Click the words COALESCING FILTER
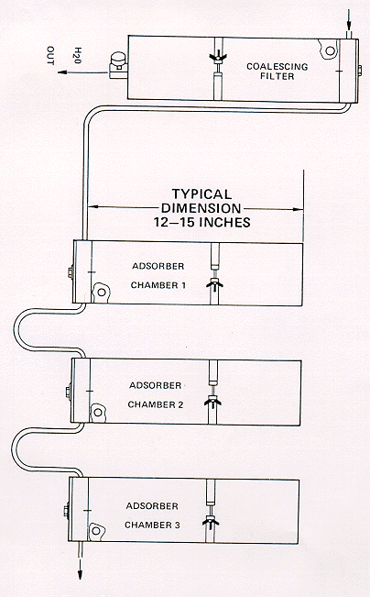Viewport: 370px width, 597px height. (277, 72)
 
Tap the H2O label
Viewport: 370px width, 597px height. (78, 56)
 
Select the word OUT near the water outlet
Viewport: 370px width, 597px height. (50, 56)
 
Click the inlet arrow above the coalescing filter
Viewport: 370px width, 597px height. (349, 22)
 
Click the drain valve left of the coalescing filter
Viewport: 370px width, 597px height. (118, 65)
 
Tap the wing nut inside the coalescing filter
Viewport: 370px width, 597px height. (218, 58)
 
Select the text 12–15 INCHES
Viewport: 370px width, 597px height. (202, 222)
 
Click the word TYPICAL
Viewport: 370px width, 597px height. (201, 194)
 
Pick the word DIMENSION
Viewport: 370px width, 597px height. (201, 208)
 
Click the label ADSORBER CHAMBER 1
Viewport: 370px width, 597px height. (158, 276)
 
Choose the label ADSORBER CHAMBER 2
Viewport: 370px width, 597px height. (156, 395)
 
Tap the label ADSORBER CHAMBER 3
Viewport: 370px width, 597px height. (152, 515)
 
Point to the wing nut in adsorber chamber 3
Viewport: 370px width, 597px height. (211, 522)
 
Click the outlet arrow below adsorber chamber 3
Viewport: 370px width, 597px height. (81, 566)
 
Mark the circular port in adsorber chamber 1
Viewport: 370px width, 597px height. (101, 293)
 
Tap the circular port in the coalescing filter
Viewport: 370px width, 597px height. (330, 50)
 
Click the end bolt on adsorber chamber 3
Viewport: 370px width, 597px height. (66, 510)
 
